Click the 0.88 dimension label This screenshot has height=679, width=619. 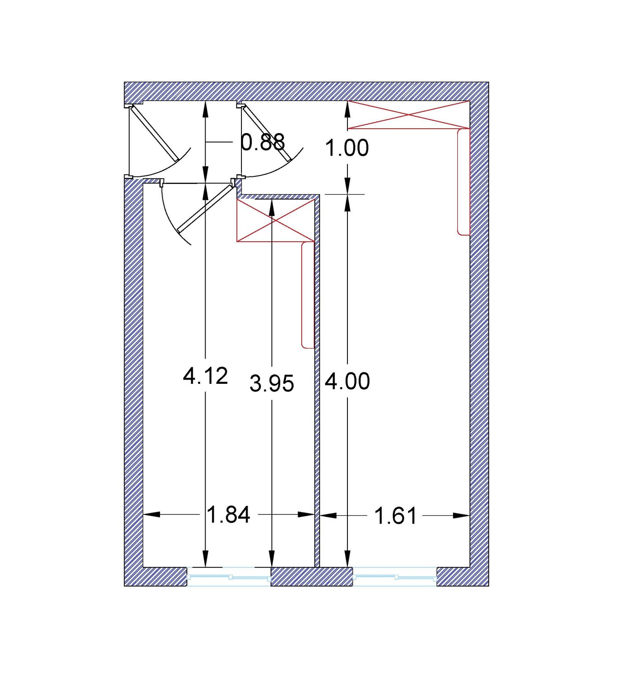pos(263,142)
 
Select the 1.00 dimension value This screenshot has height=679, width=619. pos(347,148)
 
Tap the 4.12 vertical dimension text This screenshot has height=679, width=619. pos(205,376)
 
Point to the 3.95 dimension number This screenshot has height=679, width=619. pos(272,383)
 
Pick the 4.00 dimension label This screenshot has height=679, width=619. pos(347,381)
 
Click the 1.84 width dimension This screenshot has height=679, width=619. pos(229,515)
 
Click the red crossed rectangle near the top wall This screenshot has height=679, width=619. pos(409,115)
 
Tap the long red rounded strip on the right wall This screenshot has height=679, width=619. pos(464,182)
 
